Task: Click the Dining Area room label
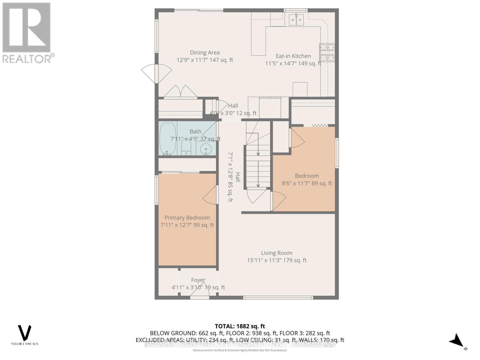coord(205,53)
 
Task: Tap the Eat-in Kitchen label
coord(293,56)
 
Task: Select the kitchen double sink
coord(296,20)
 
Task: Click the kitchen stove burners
coord(327,52)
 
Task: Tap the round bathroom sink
coord(206,148)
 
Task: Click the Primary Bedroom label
coord(187,218)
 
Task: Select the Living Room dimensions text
coord(277,260)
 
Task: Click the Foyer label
coord(198,280)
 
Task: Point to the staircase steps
coord(258,166)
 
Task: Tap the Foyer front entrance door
coord(200,292)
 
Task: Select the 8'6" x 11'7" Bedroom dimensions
coord(307,183)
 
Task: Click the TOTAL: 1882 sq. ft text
coord(240,326)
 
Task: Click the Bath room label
coord(195,132)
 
